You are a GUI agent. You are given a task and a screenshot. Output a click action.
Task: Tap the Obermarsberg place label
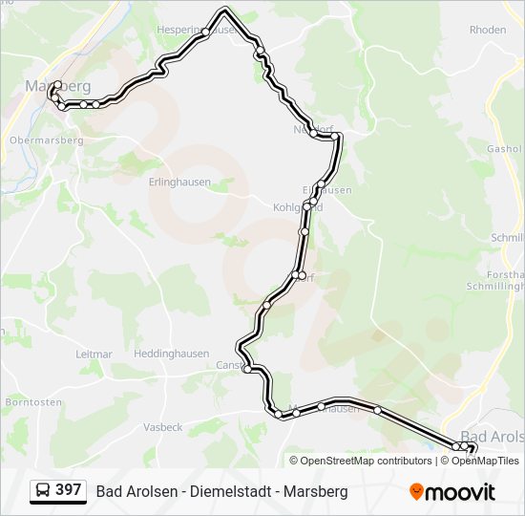[x=46, y=140]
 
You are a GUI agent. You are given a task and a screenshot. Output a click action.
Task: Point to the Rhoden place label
[x=488, y=30]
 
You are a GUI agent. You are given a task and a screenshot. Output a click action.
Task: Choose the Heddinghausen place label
[x=171, y=353]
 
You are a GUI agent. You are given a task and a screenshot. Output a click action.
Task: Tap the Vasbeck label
[x=162, y=427]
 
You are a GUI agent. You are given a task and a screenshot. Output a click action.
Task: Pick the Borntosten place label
[x=27, y=402]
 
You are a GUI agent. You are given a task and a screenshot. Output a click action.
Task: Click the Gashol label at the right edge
[x=505, y=149]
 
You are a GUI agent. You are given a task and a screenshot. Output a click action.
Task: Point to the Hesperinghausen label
[x=196, y=30]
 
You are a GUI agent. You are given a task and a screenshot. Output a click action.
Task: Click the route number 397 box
[x=69, y=490]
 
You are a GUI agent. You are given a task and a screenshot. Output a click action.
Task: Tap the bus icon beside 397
[x=43, y=491]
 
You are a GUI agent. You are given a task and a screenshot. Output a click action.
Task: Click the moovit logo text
[x=460, y=492]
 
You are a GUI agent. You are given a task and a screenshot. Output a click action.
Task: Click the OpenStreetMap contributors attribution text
[x=366, y=461]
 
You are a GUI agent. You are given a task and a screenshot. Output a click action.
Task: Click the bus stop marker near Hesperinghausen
[x=206, y=32]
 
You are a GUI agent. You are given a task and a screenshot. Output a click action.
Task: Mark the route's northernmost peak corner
[x=225, y=10]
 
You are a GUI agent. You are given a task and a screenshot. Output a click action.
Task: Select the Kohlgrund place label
[x=298, y=206]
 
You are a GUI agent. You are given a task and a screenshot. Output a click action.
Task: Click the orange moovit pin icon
[x=416, y=491]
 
